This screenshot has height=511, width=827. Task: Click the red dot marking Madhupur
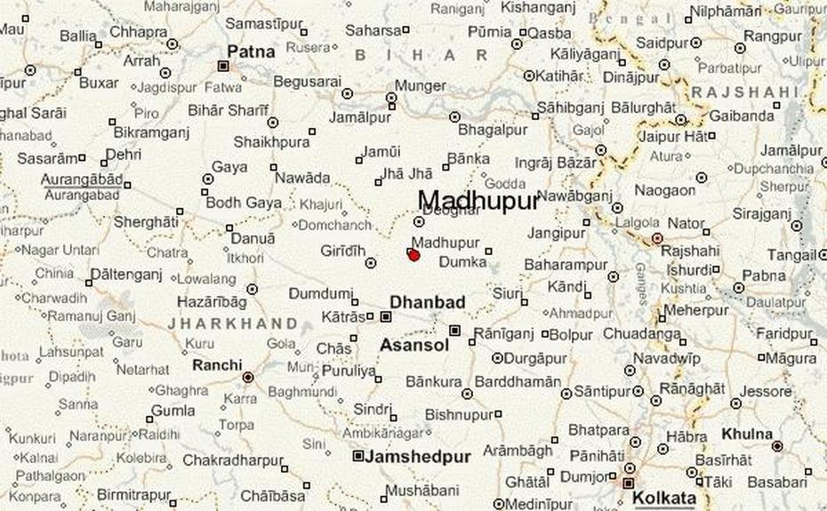pos(413,255)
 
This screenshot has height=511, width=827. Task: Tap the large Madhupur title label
pos(478,201)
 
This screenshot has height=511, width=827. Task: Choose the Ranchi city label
pos(217,364)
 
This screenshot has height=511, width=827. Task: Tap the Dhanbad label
pos(427,302)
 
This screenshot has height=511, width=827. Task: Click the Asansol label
pos(414,345)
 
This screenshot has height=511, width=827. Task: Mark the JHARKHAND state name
pos(233,323)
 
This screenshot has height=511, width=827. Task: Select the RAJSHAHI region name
pos(745,92)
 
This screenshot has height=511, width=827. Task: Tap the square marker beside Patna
pos(223,65)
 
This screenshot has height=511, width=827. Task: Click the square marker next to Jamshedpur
pos(358,456)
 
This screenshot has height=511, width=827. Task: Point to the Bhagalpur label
pos(493,130)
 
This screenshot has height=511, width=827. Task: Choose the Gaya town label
pos(229,167)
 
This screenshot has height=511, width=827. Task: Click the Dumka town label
pos(463,262)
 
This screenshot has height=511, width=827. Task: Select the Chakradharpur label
pos(233,461)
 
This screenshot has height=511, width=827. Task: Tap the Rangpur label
pos(773,36)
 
